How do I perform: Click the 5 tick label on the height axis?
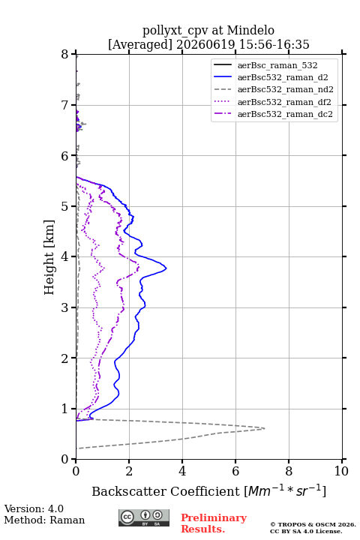[x=65, y=206]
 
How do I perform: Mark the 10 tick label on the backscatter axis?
[x=341, y=471]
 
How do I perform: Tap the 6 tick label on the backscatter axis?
[x=235, y=471]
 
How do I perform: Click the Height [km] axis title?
[x=49, y=257]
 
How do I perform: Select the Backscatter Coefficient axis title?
[x=208, y=491]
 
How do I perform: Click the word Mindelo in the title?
[x=250, y=30]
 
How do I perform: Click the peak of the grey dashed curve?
[x=265, y=428]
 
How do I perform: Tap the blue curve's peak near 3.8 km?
[x=166, y=268]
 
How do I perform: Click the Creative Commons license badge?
[x=144, y=518]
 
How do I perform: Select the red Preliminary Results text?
[x=214, y=523]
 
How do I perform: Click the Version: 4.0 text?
[x=34, y=508]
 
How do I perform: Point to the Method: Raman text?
[x=44, y=520]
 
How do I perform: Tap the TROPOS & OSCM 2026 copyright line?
[x=313, y=524]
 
